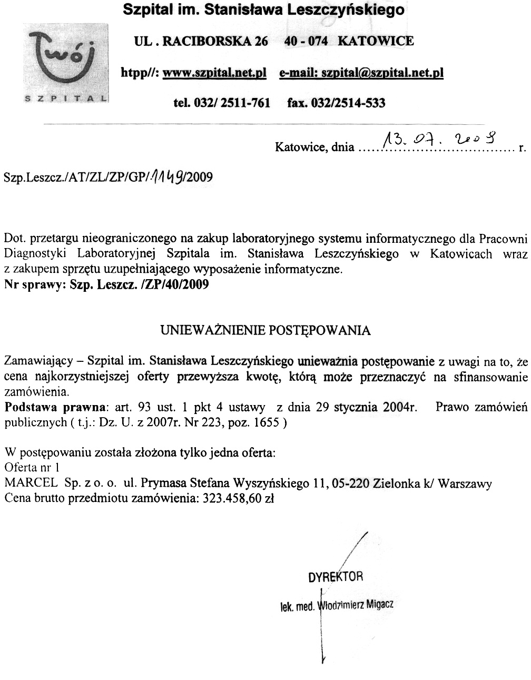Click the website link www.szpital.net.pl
(215, 73)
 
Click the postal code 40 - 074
(306, 41)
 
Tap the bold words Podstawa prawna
(55, 407)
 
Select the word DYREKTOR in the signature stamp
(336, 576)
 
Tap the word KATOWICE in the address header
(375, 41)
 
